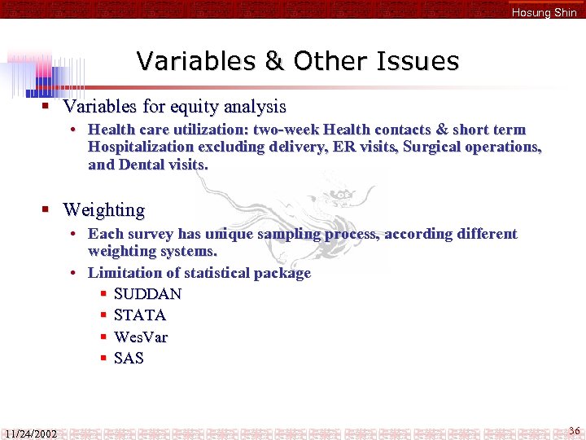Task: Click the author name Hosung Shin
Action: point(544,12)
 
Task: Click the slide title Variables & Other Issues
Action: point(298,61)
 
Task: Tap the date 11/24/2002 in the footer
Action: point(30,433)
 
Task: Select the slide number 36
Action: point(574,430)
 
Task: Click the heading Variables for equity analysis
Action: point(174,107)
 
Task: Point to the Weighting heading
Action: point(103,210)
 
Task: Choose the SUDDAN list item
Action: point(147,293)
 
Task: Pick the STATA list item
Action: point(140,315)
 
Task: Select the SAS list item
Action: point(129,358)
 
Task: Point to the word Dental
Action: point(142,165)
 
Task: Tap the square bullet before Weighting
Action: point(47,210)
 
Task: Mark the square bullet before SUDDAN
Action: point(103,293)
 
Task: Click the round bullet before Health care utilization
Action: point(73,130)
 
